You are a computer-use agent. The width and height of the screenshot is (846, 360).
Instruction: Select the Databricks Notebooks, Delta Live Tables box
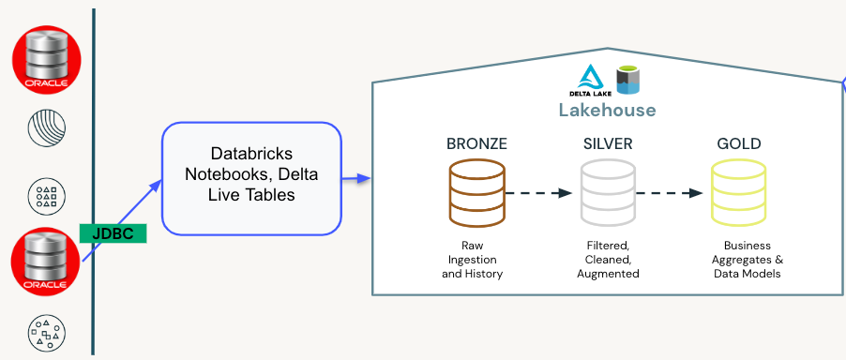click(250, 178)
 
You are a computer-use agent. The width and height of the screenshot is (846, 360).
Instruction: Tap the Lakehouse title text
click(607, 110)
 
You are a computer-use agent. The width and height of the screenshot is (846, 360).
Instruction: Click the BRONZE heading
click(476, 144)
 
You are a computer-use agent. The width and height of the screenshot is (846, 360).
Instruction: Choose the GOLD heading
click(738, 144)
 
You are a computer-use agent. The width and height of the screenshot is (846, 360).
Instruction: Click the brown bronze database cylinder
click(476, 193)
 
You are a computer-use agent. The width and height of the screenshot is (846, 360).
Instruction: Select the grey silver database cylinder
click(607, 193)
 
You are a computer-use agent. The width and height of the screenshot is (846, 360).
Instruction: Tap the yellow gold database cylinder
click(738, 193)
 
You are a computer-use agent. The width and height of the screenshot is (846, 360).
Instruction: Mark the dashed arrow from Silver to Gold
click(670, 193)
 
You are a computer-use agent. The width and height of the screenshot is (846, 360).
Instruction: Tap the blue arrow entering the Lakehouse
click(357, 178)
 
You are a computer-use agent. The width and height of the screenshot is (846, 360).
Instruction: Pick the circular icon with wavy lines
click(46, 129)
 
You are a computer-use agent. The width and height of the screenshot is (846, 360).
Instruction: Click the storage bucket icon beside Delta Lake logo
click(627, 80)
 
